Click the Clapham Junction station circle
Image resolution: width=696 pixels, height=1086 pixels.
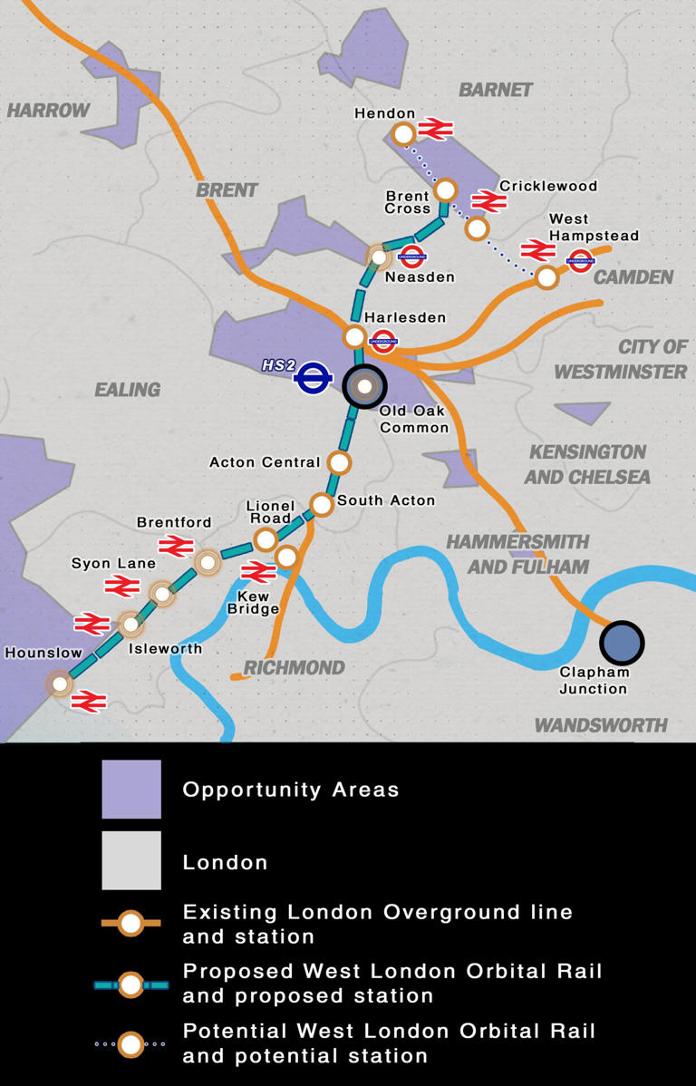622,642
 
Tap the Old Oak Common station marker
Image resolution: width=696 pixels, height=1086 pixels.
364,387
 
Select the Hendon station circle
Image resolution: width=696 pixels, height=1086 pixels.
403,134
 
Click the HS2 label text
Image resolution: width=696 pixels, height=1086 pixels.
279,365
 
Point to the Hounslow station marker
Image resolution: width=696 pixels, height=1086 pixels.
61,683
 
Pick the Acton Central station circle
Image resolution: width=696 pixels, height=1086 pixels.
339,462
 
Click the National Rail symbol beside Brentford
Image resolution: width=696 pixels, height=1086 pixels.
174,545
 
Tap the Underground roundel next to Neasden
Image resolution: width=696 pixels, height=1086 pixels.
412,256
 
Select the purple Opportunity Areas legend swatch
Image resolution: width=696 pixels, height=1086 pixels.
131,789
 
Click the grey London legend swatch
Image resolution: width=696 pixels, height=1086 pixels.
131,860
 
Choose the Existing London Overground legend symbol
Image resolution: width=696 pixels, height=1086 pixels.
131,923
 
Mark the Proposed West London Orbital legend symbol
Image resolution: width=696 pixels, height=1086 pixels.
131,984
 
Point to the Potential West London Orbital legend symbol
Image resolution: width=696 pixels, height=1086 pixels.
131,1044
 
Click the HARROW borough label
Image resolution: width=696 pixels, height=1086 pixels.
49,111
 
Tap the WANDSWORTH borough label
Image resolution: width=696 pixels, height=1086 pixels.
601,725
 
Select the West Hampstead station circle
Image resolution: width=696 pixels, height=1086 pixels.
546,276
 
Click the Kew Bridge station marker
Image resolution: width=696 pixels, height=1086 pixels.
286,557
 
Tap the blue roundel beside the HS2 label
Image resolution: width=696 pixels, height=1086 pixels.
312,379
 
